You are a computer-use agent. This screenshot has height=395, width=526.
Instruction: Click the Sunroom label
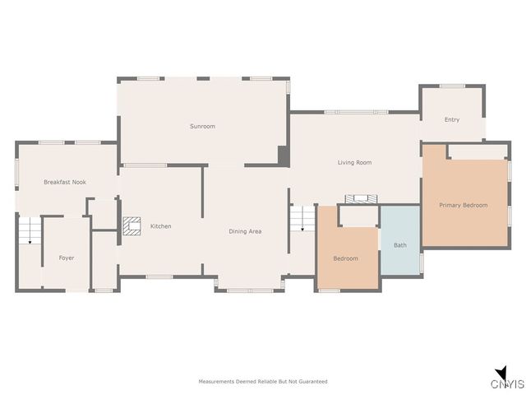click(x=202, y=126)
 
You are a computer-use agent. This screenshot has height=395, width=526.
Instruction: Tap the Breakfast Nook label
click(x=65, y=182)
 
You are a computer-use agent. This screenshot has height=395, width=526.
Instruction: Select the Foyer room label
click(x=67, y=258)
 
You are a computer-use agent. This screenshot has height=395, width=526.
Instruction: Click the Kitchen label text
click(x=161, y=225)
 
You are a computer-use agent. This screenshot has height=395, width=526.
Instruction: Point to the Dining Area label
click(x=245, y=231)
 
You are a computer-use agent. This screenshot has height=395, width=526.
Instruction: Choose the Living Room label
click(x=354, y=162)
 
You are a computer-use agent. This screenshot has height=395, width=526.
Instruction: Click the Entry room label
click(x=452, y=119)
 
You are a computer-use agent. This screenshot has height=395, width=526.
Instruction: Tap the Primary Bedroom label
click(x=463, y=205)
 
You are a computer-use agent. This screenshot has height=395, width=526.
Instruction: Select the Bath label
click(x=400, y=244)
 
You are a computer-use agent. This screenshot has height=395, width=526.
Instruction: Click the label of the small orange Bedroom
click(x=345, y=258)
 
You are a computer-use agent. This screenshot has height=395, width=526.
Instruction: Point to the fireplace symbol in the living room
click(x=362, y=199)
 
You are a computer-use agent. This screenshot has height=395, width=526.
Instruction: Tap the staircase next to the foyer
click(x=29, y=231)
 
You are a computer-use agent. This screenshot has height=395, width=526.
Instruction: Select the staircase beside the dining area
click(x=302, y=219)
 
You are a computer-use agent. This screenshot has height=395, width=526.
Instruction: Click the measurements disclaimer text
click(x=263, y=381)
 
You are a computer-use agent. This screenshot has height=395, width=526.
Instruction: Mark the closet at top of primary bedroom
click(x=477, y=151)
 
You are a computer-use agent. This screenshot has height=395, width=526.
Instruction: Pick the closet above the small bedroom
click(x=358, y=216)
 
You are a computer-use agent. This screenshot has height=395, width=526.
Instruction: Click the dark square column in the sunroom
click(x=284, y=155)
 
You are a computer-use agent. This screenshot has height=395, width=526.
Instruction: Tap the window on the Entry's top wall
click(x=452, y=86)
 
